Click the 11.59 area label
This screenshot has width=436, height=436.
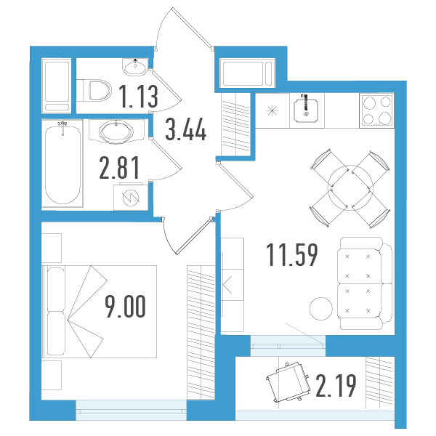click(292, 255)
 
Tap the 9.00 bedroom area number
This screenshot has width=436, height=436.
click(125, 306)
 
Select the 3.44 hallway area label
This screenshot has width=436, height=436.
click(186, 129)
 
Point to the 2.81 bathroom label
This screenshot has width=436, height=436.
click(119, 167)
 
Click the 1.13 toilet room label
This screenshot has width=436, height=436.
click(139, 97)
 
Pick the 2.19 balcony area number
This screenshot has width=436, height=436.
click(336, 386)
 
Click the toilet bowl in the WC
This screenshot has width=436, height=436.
click(94, 90)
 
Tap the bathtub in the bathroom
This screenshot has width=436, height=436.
click(62, 163)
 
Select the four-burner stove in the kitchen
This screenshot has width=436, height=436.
click(376, 110)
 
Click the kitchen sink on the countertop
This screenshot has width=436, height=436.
click(306, 110)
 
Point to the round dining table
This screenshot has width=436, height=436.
click(350, 188)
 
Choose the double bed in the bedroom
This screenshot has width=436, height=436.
click(100, 312)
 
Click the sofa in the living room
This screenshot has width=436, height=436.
click(365, 283)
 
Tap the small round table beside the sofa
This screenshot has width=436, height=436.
click(321, 309)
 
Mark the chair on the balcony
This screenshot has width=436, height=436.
click(288, 382)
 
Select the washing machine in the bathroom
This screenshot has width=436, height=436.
click(131, 197)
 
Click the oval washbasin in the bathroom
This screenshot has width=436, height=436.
click(116, 132)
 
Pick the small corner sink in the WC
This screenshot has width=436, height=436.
click(135, 67)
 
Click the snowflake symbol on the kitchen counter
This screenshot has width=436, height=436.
click(272, 110)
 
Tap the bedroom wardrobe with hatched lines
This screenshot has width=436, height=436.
click(201, 333)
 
